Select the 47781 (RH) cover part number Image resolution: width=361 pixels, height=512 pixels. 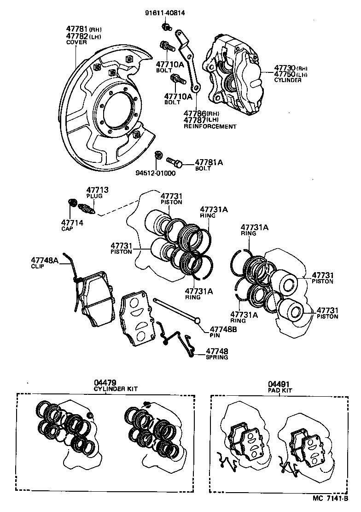point(77,29)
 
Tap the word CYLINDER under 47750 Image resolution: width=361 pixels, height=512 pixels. point(288,80)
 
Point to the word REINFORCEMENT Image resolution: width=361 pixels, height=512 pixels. point(210,126)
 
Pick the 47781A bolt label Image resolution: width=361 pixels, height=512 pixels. point(209,162)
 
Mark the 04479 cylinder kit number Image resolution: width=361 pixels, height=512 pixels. point(105,382)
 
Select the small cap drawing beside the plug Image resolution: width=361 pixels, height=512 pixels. point(72,203)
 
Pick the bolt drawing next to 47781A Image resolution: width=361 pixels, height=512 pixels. point(175,162)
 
